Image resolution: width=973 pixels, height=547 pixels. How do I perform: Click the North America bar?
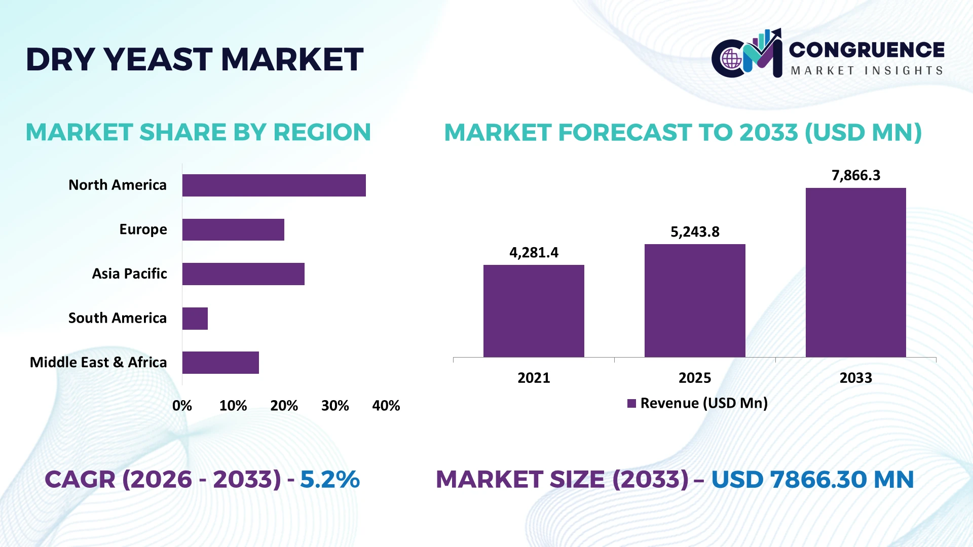point(274,185)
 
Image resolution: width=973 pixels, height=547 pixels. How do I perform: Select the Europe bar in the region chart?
point(233,229)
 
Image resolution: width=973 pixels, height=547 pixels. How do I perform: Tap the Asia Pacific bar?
point(243,274)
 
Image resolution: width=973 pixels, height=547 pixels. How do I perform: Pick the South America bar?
point(195,319)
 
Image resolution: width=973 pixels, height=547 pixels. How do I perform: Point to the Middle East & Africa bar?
point(220,363)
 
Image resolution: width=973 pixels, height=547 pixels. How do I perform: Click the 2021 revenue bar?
point(534,311)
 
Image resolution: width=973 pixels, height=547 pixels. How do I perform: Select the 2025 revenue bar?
point(695,301)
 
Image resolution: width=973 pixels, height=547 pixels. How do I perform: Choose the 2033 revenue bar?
point(856,272)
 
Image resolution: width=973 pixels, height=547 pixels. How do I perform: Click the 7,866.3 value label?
point(856,175)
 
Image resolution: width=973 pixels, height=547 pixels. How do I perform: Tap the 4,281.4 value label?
point(534,252)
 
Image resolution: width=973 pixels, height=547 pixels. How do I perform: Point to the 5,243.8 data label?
point(695,231)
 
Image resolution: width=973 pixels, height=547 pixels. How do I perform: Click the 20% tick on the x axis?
point(284,406)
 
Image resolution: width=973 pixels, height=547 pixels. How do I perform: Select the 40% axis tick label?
point(386,406)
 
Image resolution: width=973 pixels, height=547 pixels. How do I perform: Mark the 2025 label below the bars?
point(695,378)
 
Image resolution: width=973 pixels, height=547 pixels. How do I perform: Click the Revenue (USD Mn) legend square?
point(631,404)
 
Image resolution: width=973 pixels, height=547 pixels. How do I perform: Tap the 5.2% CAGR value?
point(330,479)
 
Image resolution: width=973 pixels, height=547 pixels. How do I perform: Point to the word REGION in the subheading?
point(322,132)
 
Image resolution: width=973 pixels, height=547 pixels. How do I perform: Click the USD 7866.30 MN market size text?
point(813,479)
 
